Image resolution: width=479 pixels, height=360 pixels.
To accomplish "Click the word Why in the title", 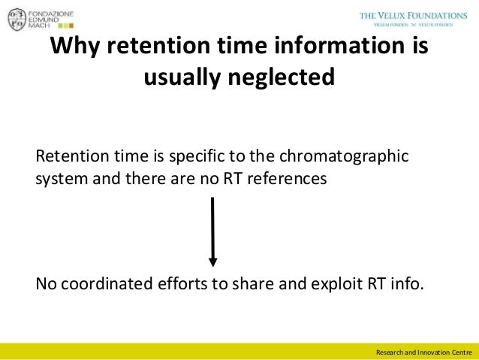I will coord(75,46).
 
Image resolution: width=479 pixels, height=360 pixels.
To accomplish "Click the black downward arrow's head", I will coord(213,261).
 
